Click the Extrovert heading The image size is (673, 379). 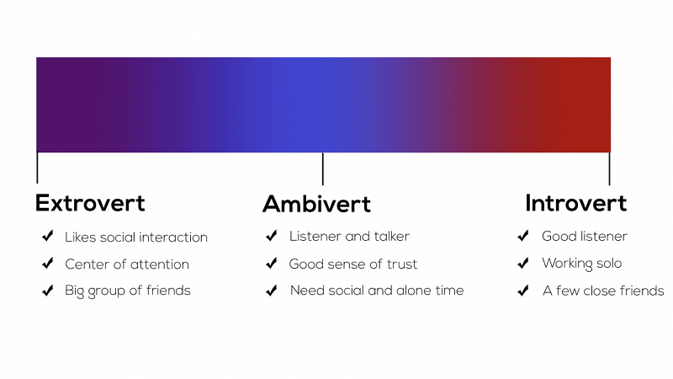click(90, 203)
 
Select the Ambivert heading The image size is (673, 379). click(316, 204)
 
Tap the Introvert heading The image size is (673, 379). click(575, 203)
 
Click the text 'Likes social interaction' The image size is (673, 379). click(136, 238)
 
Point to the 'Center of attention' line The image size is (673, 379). click(127, 264)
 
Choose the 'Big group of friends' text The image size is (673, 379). click(128, 291)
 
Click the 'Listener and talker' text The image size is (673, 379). click(349, 237)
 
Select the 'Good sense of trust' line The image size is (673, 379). click(353, 264)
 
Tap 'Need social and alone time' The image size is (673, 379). click(377, 291)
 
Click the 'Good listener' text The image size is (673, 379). click(585, 237)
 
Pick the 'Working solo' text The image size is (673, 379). click(582, 264)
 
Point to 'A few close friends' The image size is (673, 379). click(603, 291)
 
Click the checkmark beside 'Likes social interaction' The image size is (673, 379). click(47, 237)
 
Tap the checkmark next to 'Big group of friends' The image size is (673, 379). click(47, 291)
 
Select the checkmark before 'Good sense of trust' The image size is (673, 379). click(272, 264)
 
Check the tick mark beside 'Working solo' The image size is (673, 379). click(523, 264)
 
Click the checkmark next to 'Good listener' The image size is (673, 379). click(523, 237)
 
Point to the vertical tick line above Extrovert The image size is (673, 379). click(37, 167)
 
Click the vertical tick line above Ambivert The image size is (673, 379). click(323, 168)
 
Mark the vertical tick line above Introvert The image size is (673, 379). click(609, 168)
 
